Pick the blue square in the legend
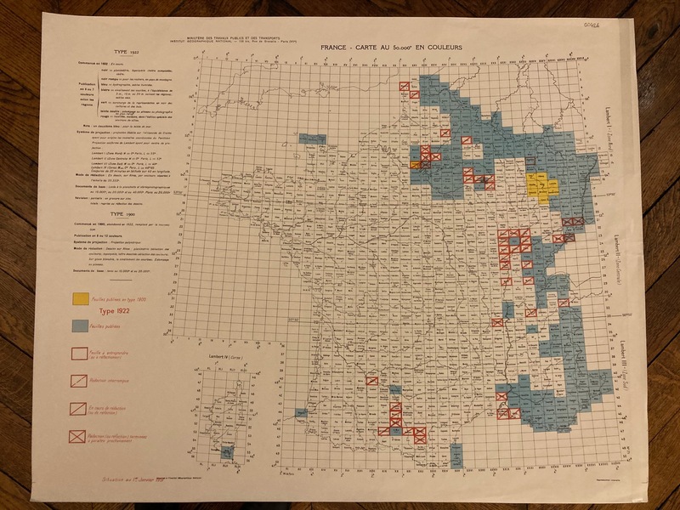(x=82, y=326)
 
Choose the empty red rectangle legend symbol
(x=82, y=351)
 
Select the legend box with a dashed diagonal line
(x=82, y=378)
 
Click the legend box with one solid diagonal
(x=82, y=408)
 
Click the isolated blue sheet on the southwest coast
(x=300, y=413)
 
